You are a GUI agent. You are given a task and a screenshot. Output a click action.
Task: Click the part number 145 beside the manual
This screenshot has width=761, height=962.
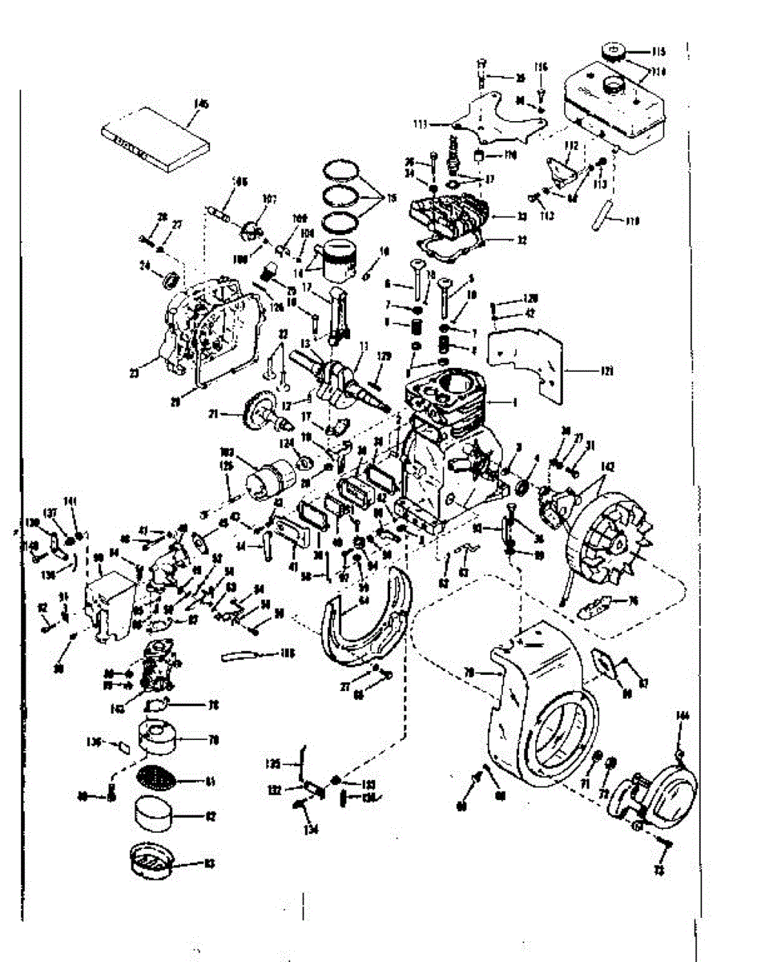tap(200, 103)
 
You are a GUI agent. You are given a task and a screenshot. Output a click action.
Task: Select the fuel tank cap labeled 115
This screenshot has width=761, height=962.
tap(614, 52)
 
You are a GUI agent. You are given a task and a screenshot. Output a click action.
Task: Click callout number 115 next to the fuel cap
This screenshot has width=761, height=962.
tap(658, 52)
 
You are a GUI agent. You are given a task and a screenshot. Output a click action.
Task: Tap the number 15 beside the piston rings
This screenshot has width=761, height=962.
tap(392, 198)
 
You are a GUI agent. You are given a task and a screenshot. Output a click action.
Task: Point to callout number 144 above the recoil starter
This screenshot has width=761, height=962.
tap(682, 715)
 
